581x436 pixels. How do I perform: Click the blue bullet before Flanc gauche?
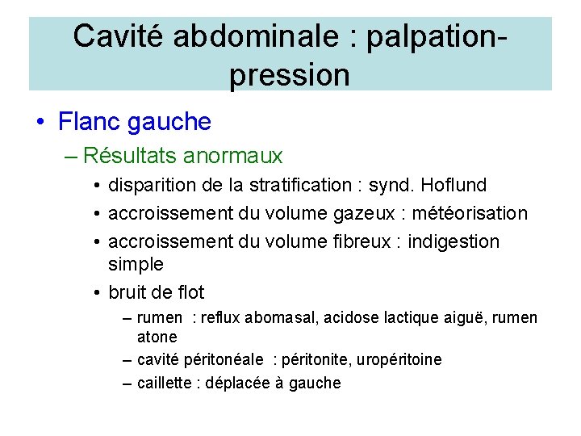[40, 122]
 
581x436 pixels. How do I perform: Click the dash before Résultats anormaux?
[69, 155]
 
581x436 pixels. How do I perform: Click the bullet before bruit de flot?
[96, 292]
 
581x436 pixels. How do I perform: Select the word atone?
[157, 337]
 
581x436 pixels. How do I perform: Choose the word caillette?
[164, 383]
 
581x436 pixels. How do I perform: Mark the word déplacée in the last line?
[238, 383]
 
